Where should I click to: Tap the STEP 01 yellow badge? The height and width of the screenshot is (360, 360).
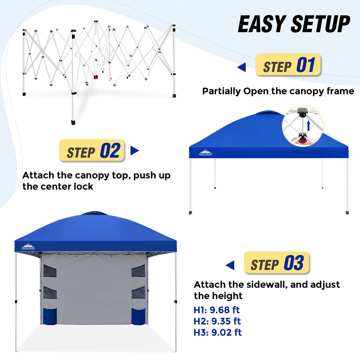[x=288, y=65]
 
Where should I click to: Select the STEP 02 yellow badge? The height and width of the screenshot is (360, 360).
[x=92, y=150]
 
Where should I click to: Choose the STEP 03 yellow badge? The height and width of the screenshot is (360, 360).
[x=276, y=263]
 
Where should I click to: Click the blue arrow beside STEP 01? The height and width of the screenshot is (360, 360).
[x=242, y=67]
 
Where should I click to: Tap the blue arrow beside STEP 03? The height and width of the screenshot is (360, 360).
[x=230, y=265]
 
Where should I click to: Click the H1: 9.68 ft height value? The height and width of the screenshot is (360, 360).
[x=216, y=310]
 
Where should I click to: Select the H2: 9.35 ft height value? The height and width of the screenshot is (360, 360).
[x=217, y=321]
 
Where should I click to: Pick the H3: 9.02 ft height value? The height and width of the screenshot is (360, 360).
[x=217, y=332]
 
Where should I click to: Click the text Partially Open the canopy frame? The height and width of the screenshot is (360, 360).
[x=278, y=91]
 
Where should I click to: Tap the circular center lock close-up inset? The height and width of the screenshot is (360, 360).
[x=302, y=126]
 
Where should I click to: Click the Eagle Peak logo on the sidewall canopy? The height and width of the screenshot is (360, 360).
[x=28, y=247]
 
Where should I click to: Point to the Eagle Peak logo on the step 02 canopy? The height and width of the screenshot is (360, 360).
[x=206, y=152]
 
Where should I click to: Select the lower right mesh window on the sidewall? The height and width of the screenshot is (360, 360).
[x=138, y=292]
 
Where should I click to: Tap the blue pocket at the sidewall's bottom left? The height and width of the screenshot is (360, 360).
[x=50, y=316]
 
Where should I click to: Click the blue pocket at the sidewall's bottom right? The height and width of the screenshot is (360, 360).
[x=138, y=316]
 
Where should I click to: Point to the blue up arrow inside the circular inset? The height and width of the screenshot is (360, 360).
[x=308, y=125]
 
